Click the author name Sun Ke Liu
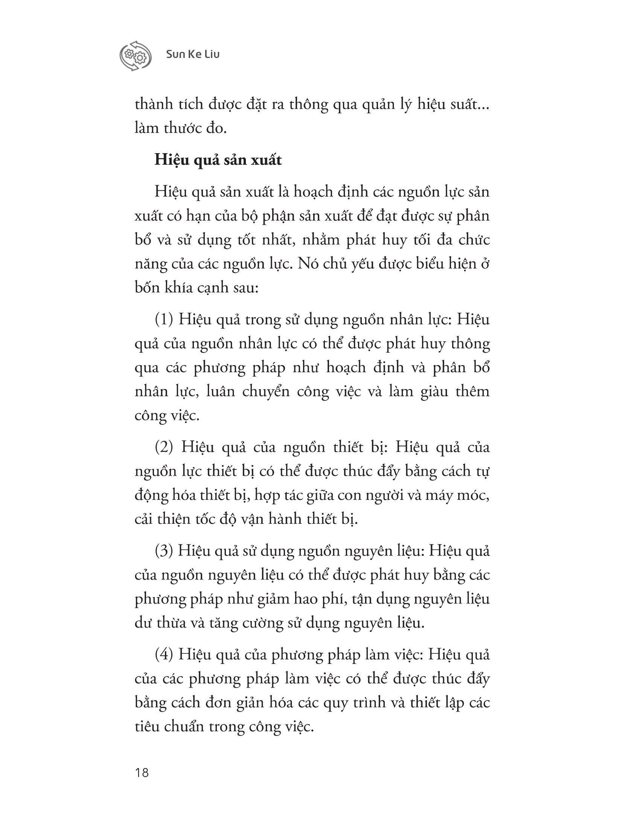tap(193, 55)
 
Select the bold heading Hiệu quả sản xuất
tap(218, 160)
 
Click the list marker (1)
tap(164, 320)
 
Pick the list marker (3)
tap(164, 551)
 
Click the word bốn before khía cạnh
tap(148, 288)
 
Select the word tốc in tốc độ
tap(219, 519)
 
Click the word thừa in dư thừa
tap(170, 623)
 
